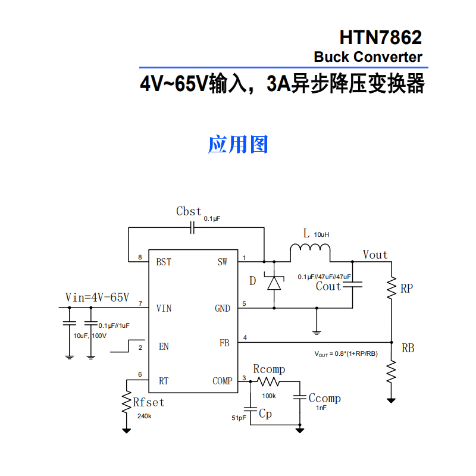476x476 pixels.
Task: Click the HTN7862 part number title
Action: (380, 37)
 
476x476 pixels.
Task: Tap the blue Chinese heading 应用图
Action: (238, 144)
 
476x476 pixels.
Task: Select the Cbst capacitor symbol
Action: (193, 227)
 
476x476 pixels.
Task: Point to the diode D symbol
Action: (274, 283)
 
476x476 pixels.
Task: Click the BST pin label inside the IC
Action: (164, 262)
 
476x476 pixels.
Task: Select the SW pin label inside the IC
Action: (222, 262)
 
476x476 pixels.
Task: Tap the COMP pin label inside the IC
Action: (223, 381)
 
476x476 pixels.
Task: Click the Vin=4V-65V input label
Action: (97, 297)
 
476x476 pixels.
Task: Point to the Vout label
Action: (375, 255)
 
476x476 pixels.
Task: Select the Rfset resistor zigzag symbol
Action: (126, 403)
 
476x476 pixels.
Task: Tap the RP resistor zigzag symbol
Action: (392, 289)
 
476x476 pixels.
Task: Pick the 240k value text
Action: (144, 416)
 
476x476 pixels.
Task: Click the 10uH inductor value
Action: (321, 234)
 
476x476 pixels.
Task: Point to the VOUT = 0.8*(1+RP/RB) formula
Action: (346, 353)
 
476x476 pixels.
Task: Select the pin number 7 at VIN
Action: (140, 304)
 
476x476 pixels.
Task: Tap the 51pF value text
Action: (239, 418)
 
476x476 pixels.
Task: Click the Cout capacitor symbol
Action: (356, 286)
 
